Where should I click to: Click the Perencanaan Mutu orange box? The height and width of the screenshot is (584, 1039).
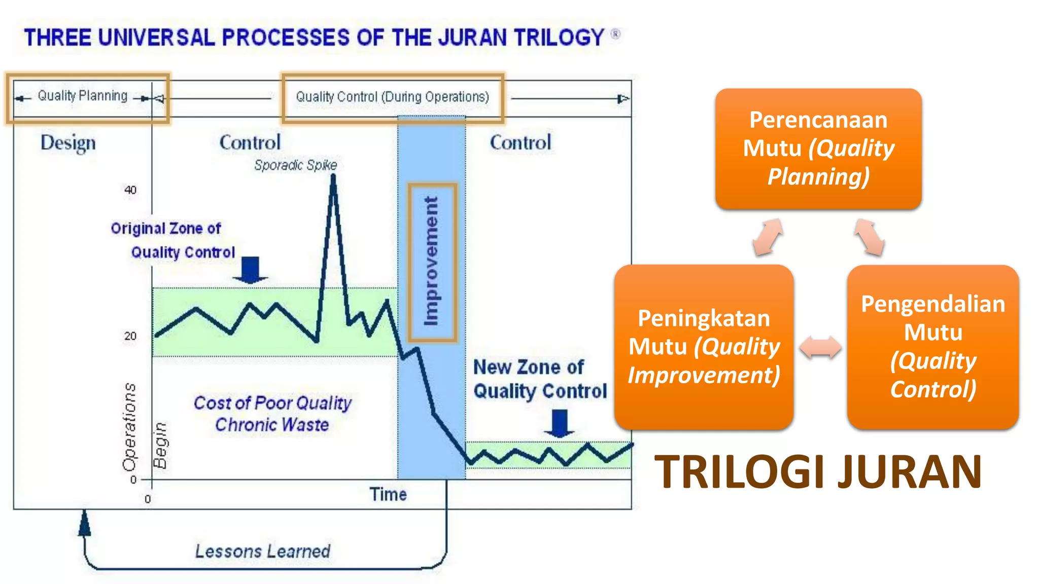click(x=818, y=149)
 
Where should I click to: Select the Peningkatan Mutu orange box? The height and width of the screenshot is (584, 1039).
click(x=704, y=347)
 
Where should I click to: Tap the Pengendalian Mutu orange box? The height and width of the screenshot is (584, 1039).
click(x=932, y=347)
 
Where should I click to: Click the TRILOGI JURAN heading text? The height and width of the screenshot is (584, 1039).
click(x=818, y=472)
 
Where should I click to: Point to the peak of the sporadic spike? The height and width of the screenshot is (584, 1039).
click(x=333, y=176)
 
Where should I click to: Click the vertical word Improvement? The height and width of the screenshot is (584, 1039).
click(x=431, y=262)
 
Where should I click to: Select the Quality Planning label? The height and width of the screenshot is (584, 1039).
click(x=83, y=96)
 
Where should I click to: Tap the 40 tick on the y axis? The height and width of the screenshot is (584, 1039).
click(x=130, y=190)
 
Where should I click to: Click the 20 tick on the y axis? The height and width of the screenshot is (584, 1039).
click(x=130, y=336)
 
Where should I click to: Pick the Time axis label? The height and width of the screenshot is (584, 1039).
click(x=388, y=494)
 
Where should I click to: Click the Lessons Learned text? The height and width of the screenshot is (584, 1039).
click(x=263, y=551)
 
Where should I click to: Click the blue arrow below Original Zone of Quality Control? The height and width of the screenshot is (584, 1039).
click(x=250, y=270)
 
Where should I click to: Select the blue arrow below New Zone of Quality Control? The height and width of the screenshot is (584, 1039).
click(x=559, y=423)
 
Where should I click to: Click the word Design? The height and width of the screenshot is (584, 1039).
click(x=68, y=143)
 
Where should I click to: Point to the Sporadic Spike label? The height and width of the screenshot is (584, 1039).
click(x=295, y=165)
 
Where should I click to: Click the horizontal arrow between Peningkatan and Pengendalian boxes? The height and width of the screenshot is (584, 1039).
click(x=820, y=348)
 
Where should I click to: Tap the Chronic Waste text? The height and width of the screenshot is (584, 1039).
click(x=272, y=425)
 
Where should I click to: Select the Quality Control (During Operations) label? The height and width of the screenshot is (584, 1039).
click(x=392, y=97)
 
